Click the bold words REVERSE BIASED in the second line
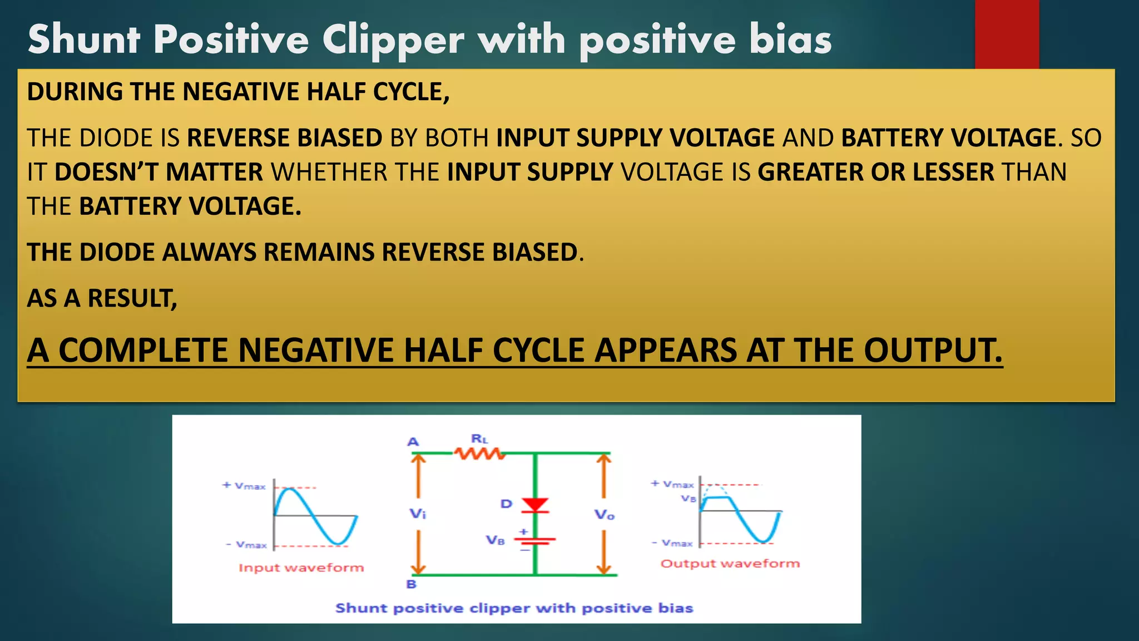click(284, 138)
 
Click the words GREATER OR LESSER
click(875, 172)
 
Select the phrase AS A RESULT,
click(102, 298)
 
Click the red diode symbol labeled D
click(536, 505)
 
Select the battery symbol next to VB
click(534, 540)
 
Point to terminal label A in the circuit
click(413, 442)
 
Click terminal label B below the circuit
click(411, 584)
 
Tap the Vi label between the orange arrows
click(418, 514)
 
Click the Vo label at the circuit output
click(604, 515)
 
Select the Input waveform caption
click(301, 568)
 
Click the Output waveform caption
click(730, 564)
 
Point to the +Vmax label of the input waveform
click(244, 486)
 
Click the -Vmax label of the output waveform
click(672, 543)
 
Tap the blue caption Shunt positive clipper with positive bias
click(514, 608)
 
